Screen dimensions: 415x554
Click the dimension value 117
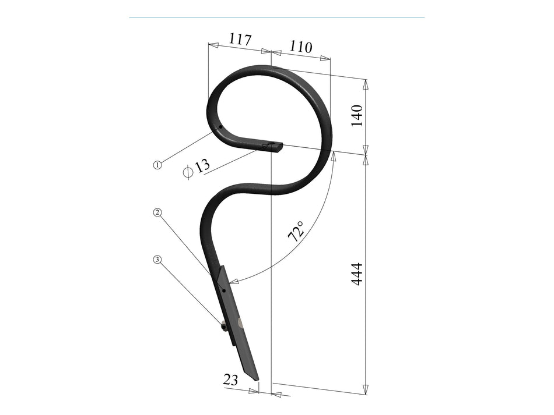pos(240,40)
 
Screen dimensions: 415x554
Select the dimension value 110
pos(301,47)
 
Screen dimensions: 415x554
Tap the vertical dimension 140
pos(356,115)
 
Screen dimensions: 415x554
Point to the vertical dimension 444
pos(356,274)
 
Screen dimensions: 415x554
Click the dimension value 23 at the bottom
pos(231,380)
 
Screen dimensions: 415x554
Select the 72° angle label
pos(296,231)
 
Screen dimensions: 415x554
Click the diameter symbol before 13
pos(187,172)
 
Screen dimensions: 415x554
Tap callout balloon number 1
pos(157,165)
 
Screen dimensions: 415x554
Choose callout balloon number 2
pos(157,212)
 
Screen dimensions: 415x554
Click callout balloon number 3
pos(157,259)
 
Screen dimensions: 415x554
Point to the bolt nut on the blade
pos(224,327)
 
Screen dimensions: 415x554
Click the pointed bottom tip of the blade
pos(256,380)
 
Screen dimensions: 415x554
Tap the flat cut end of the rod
pos(279,147)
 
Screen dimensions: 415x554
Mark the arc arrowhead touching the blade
pos(234,282)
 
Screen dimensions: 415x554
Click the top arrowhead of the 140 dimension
pos(366,84)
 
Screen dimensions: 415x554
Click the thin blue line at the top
pos(276,17)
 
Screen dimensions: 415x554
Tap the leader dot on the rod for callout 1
pos(220,129)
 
